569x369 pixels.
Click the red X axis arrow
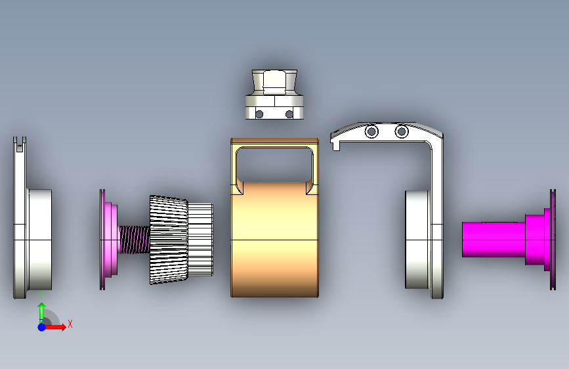click(55, 327)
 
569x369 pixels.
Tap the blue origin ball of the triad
click(42, 327)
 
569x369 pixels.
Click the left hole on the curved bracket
click(371, 131)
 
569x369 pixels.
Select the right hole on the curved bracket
click(402, 131)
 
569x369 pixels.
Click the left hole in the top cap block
click(259, 114)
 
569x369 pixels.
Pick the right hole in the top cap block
click(289, 114)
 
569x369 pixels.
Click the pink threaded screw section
click(135, 240)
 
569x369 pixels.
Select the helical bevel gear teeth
click(169, 240)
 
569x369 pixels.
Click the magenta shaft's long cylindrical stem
click(494, 240)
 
